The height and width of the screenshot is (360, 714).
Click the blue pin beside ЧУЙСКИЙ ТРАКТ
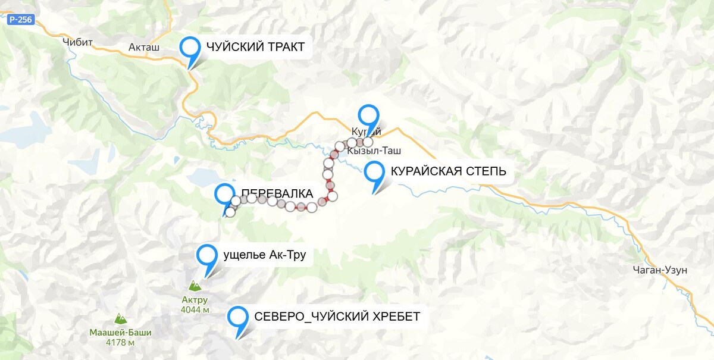(190, 47)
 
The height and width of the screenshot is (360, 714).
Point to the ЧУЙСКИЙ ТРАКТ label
(255, 47)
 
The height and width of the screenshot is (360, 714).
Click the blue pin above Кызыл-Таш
(368, 115)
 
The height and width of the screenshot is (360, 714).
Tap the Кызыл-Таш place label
(372, 152)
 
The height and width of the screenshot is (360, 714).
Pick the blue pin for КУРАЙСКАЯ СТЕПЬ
(374, 172)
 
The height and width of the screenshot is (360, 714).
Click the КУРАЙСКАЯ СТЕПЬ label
(448, 172)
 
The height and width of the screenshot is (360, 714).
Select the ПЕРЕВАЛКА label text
(277, 193)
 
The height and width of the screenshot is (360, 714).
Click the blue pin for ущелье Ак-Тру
(206, 255)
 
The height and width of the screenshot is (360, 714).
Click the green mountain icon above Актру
(195, 285)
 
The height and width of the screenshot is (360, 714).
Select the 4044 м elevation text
(195, 309)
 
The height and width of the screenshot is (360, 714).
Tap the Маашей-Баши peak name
(120, 333)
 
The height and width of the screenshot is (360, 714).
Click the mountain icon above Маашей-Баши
(120, 318)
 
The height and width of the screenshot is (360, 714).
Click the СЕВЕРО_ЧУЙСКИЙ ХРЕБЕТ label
(337, 317)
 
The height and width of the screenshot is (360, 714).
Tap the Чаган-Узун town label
(660, 270)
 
